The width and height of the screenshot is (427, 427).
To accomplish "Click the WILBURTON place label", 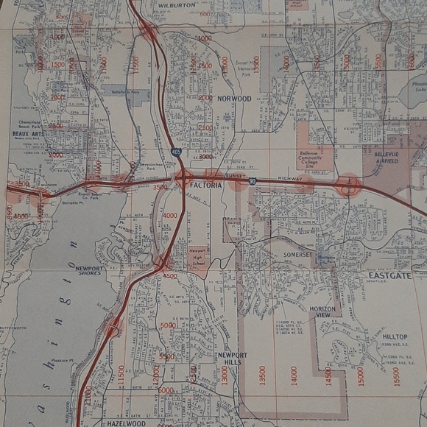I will click(177, 4).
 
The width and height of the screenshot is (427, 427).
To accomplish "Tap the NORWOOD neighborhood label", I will click(234, 98).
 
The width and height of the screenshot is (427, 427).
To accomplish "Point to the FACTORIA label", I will click(205, 186).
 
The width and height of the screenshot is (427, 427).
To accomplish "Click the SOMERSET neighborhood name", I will click(298, 255).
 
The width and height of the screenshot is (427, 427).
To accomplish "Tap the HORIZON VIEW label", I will click(322, 312).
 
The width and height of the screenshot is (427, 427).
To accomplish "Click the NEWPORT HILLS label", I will click(232, 359).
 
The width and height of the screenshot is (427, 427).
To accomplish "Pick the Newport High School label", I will click(197, 255).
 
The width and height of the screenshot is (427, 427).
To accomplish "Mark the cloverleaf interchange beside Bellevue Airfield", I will click(347, 185).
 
